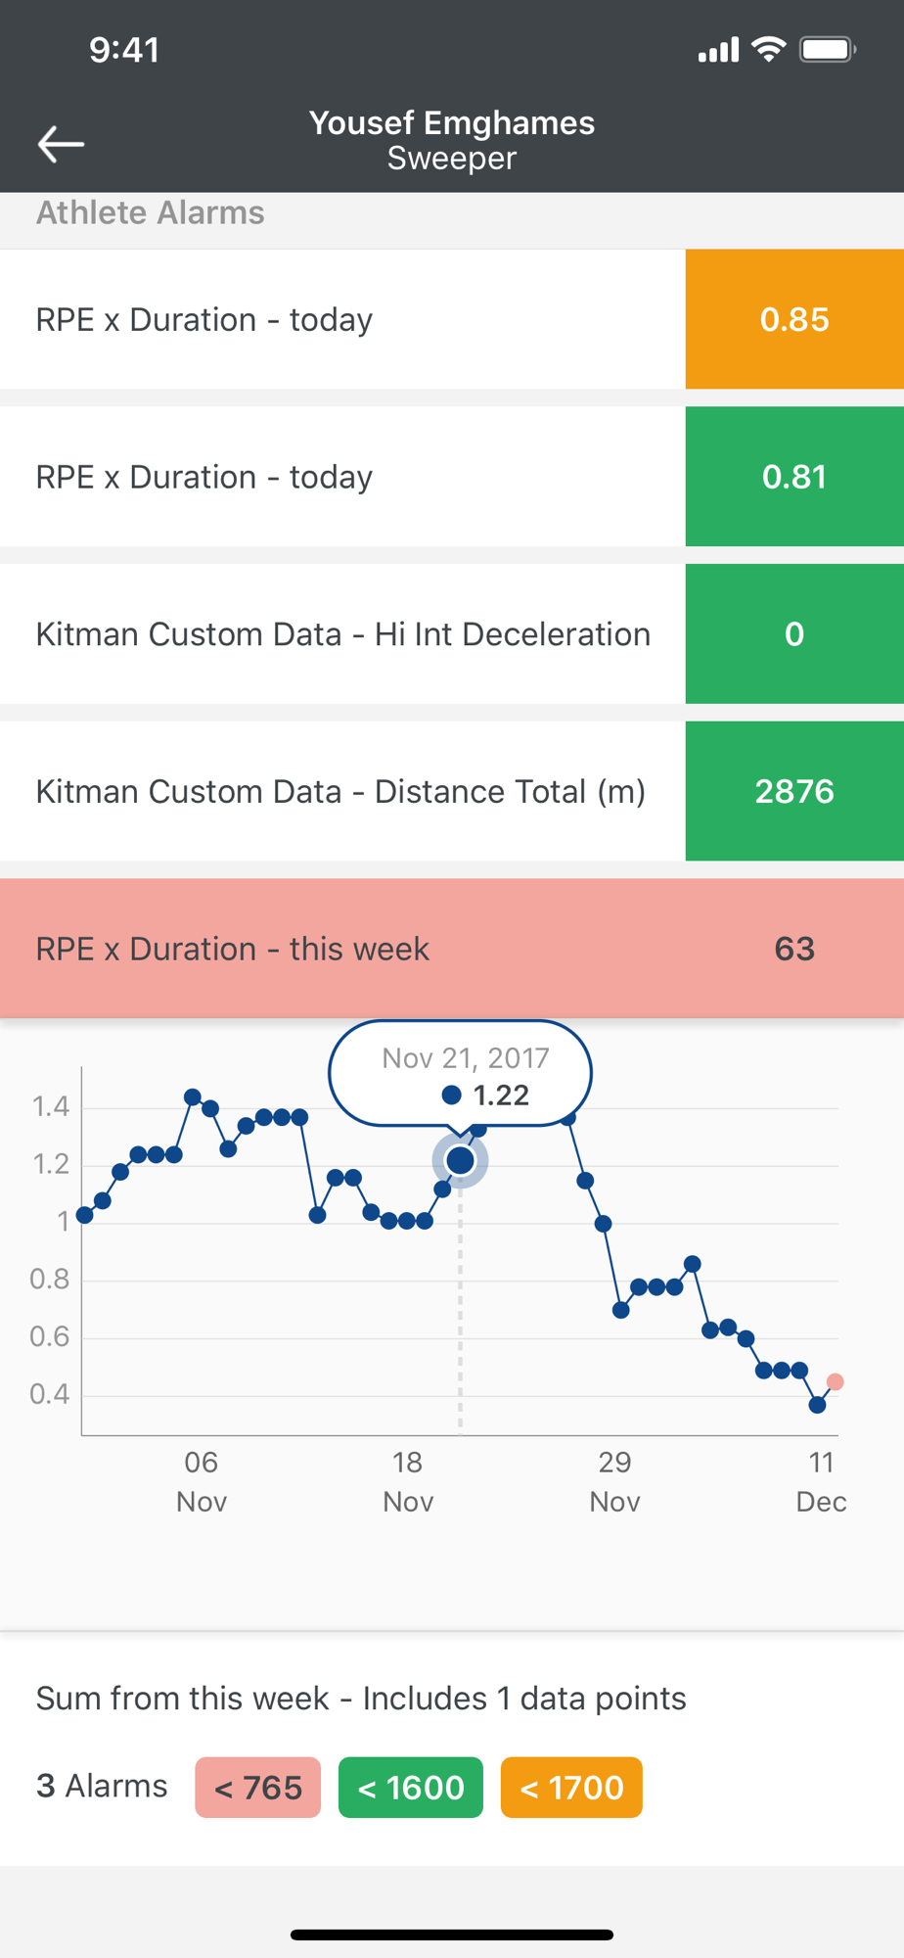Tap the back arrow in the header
coord(61,144)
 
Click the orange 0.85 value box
coord(794,319)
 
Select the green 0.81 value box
coord(794,477)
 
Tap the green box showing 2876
coord(794,791)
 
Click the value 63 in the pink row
coord(794,949)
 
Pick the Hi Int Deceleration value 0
coord(794,634)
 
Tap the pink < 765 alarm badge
coord(258,1788)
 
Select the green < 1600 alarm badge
coord(411,1788)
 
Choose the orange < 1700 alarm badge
coord(571,1788)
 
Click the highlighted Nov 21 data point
coord(460,1160)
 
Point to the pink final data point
coord(835,1381)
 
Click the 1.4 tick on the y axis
coord(51,1107)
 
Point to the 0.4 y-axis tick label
coord(50,1394)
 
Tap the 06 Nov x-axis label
coord(202,1481)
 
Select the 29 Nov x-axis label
coord(614,1481)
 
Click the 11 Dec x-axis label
coord(821,1481)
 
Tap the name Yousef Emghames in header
coord(452,123)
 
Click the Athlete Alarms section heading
coord(151,213)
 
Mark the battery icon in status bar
coord(828,49)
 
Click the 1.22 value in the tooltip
coord(501,1095)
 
